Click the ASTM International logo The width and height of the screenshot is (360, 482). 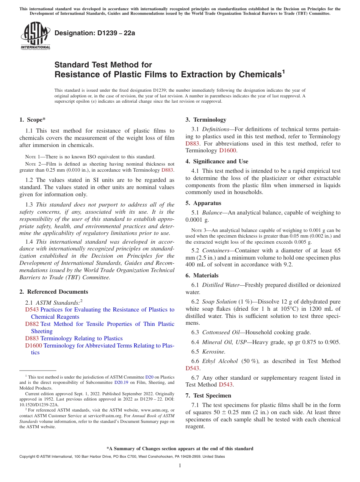(35, 36)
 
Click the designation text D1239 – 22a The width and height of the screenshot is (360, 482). (95, 33)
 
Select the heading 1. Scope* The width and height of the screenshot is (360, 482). (32, 120)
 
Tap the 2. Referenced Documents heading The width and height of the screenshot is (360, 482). (54, 292)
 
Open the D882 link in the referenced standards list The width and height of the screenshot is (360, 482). (32, 324)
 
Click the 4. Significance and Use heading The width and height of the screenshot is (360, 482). (217, 161)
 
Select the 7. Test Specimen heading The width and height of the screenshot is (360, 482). (208, 396)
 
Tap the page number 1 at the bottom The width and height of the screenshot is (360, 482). (180, 466)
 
